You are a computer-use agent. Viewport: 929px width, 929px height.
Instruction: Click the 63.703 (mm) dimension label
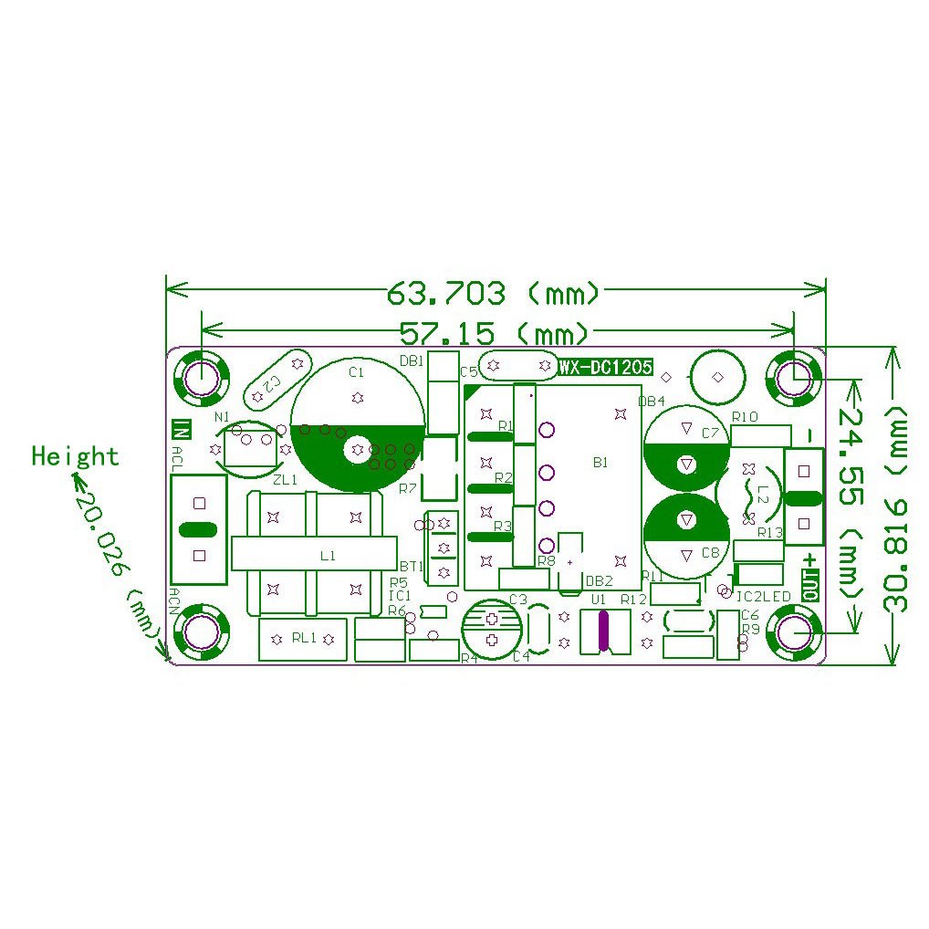point(494,293)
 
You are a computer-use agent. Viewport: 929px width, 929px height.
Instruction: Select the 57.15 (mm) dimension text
point(494,330)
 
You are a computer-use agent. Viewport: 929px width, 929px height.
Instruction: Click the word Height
point(75,455)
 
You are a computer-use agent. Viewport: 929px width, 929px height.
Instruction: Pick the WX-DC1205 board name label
point(606,367)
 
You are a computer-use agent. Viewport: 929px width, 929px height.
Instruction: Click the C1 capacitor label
point(357,372)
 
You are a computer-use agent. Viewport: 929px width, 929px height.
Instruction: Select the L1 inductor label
point(328,554)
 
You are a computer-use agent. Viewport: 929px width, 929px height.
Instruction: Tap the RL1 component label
point(303,639)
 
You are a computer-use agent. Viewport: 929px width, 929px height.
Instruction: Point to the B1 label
point(600,463)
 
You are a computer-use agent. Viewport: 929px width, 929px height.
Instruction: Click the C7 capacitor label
point(711,434)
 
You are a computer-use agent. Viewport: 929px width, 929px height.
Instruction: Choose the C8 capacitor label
point(711,552)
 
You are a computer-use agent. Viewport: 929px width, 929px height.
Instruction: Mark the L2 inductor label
point(763,498)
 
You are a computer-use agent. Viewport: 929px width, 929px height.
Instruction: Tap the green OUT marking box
point(810,584)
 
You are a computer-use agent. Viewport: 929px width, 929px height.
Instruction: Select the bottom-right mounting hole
point(792,632)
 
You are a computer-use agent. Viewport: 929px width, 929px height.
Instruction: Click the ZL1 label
point(285,479)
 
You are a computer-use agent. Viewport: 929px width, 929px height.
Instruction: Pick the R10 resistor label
point(746,417)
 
